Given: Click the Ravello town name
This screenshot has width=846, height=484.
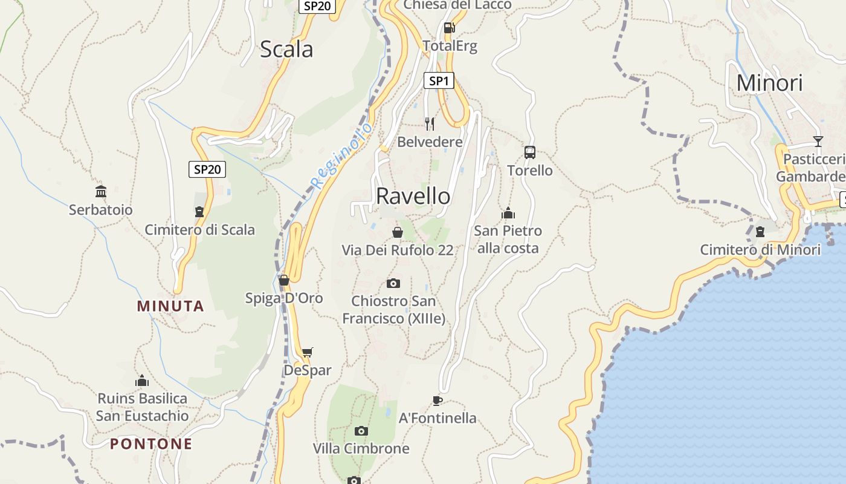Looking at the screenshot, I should coord(413,196).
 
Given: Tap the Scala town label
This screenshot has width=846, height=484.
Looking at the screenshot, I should coord(286,49).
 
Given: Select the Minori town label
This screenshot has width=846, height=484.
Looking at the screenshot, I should coord(769,83).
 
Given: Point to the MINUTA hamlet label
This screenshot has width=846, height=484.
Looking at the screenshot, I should coord(170,306).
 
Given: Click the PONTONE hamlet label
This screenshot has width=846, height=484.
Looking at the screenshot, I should coord(151,444).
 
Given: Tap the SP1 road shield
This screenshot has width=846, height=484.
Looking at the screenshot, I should coord(439,80).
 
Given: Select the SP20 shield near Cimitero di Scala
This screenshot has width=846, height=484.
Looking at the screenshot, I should coord(207,169).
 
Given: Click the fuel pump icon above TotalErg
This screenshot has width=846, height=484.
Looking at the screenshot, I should coord(449,27).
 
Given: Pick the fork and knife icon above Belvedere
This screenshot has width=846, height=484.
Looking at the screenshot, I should coord(430,124).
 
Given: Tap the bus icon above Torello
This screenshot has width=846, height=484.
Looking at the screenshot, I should coord(530,152).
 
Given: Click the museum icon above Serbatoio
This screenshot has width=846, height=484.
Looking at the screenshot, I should coord(101,192).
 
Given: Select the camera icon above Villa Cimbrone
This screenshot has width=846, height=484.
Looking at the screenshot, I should coord(361,431).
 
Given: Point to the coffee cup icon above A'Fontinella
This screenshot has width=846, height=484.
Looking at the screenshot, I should coord(438,400).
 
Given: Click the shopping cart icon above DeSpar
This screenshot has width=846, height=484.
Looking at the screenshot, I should coord(308,352).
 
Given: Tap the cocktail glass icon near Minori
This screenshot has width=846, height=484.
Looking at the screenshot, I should coord(818,141).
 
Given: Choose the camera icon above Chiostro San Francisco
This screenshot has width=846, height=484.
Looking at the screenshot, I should coord(393,283).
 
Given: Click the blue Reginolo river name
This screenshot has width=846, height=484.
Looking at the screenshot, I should coord(341,155).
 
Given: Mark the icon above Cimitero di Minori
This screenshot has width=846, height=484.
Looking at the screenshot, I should coord(760,232).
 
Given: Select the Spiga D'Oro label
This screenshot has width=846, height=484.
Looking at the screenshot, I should coord(284,298).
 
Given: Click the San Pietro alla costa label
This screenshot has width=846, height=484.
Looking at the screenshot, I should coord(508,240).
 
